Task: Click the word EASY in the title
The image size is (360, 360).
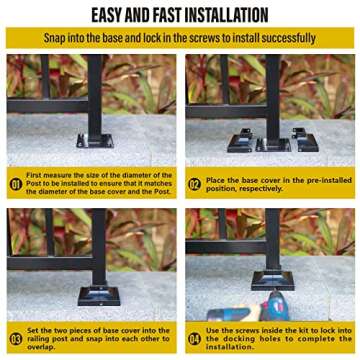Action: (x=113, y=15)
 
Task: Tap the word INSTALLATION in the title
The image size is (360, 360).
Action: (x=226, y=15)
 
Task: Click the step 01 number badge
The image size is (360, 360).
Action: (x=16, y=184)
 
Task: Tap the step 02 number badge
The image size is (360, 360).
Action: (x=194, y=184)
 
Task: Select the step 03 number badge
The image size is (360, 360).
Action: (x=16, y=337)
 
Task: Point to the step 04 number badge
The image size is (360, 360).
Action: (x=194, y=337)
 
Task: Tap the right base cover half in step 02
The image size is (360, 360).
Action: (x=303, y=137)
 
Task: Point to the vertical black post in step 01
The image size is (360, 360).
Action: (x=97, y=90)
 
